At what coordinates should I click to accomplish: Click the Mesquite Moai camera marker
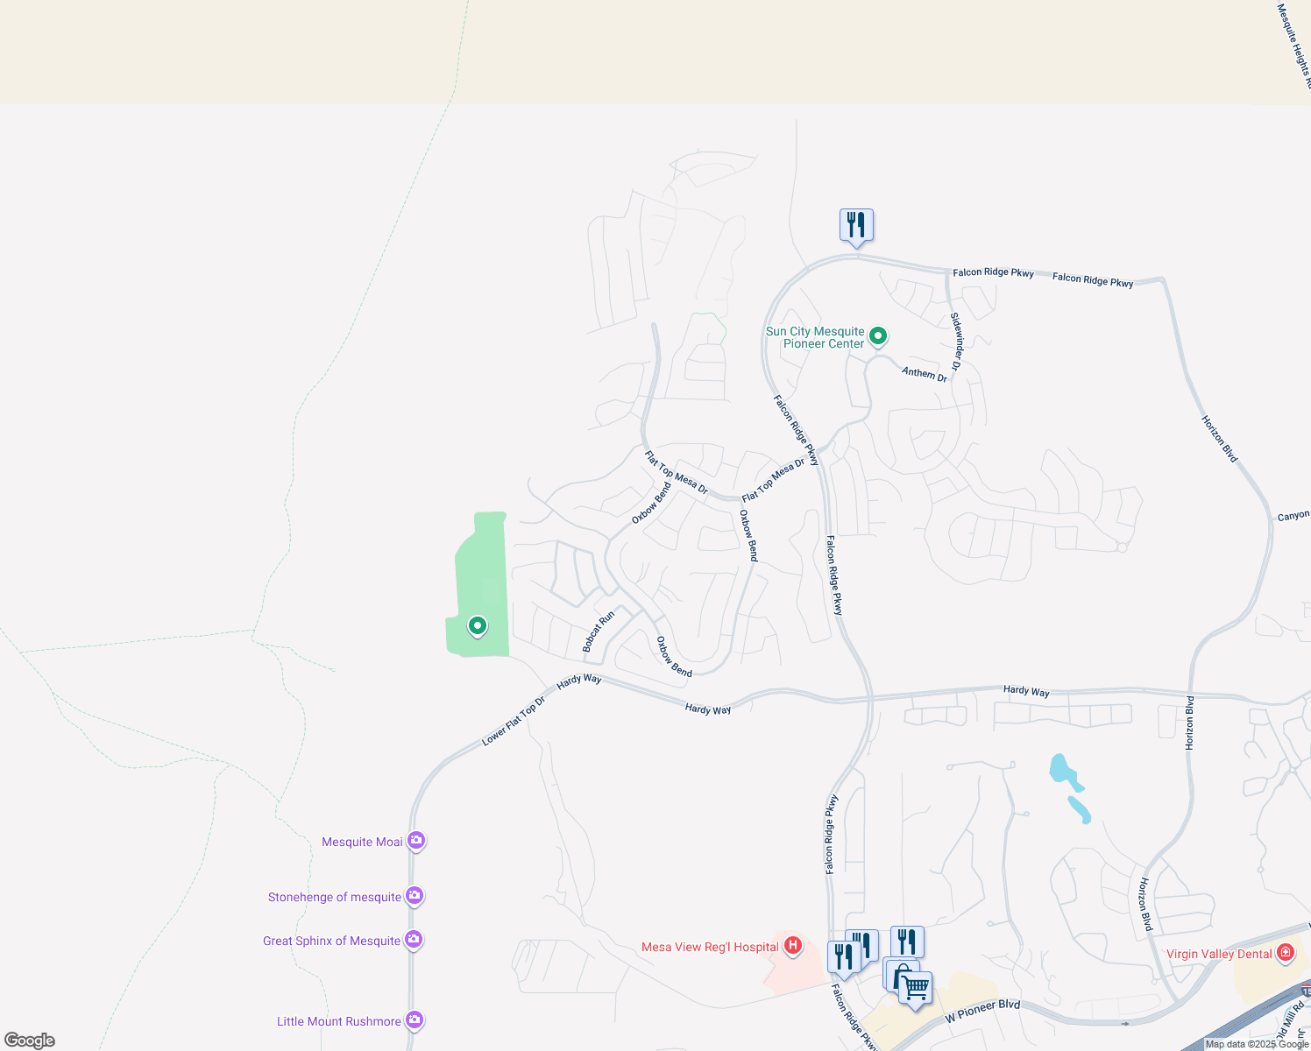[x=416, y=841]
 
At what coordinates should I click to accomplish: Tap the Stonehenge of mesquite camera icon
[x=415, y=896]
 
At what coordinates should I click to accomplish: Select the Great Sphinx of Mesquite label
[x=331, y=941]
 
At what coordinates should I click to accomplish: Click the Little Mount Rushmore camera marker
[x=415, y=1020]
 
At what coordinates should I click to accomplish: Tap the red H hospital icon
[x=793, y=946]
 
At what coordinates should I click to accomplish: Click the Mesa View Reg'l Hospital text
[x=709, y=947]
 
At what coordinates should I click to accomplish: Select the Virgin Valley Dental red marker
[x=1285, y=953]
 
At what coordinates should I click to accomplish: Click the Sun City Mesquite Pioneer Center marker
[x=877, y=335]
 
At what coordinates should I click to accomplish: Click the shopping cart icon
[x=916, y=988]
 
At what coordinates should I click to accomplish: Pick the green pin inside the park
[x=477, y=626]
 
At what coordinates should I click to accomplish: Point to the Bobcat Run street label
[x=599, y=631]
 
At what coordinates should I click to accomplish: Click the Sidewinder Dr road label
[x=957, y=342]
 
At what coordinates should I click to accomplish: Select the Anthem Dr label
[x=925, y=374]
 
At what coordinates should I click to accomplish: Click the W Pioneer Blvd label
[x=982, y=1012]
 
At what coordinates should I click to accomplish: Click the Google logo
[x=30, y=1040]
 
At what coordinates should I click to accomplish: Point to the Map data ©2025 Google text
[x=1257, y=1044]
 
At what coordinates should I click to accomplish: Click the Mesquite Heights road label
[x=1294, y=44]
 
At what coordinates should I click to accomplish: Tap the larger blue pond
[x=1061, y=771]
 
